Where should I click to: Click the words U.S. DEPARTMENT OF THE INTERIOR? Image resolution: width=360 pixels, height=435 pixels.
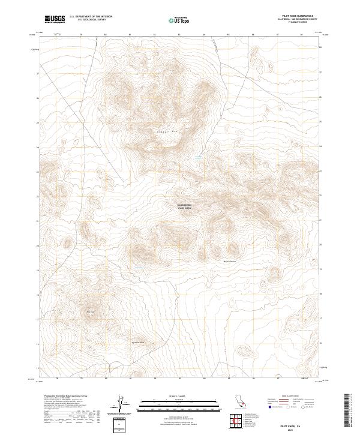click(90, 17)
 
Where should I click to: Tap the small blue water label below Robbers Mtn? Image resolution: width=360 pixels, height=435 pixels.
click(197, 157)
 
